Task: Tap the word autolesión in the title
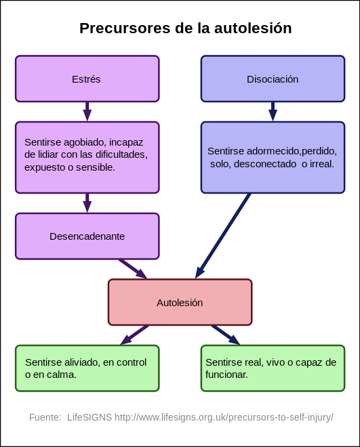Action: click(x=253, y=28)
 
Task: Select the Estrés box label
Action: click(x=86, y=79)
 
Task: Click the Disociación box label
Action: click(x=273, y=79)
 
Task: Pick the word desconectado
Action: click(x=265, y=164)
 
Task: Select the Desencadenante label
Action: click(x=87, y=236)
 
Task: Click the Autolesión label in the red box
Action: click(x=180, y=303)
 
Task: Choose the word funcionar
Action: click(x=227, y=375)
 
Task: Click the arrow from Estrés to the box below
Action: click(x=87, y=112)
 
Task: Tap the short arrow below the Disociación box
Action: click(x=273, y=112)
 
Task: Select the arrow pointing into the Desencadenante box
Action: click(x=87, y=203)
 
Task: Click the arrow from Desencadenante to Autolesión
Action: click(x=133, y=269)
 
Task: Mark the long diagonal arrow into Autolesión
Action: click(x=223, y=236)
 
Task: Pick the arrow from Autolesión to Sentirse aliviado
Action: click(x=134, y=335)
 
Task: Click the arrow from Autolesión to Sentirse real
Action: click(x=226, y=335)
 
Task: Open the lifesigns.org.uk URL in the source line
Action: click(x=224, y=417)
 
